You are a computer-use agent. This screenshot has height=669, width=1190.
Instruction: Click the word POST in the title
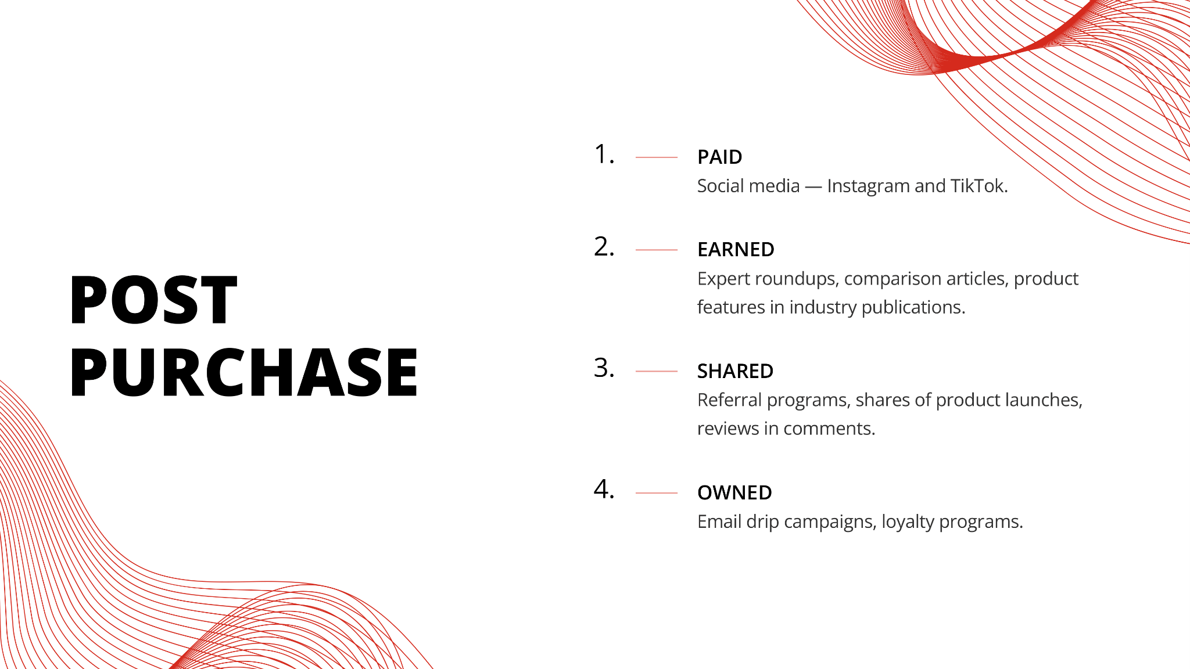pyautogui.click(x=153, y=300)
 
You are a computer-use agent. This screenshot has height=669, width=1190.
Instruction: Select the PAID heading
pyautogui.click(x=720, y=157)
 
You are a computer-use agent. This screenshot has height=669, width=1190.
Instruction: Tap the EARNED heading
pyautogui.click(x=736, y=250)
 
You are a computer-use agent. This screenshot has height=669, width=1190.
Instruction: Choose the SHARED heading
pyautogui.click(x=735, y=371)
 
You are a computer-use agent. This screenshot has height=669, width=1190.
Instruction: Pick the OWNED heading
pyautogui.click(x=734, y=492)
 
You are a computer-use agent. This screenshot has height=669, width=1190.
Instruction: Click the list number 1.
pyautogui.click(x=604, y=154)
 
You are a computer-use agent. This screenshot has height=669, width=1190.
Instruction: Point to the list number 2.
pyautogui.click(x=604, y=247)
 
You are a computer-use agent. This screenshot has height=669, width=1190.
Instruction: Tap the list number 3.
pyautogui.click(x=604, y=368)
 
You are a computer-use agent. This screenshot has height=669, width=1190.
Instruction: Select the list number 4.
pyautogui.click(x=604, y=490)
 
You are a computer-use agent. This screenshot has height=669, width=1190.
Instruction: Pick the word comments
pyautogui.click(x=829, y=429)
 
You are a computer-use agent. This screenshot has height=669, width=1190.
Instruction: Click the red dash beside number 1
pyautogui.click(x=657, y=157)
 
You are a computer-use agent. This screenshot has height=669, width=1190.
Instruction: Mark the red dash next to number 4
pyautogui.click(x=657, y=493)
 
